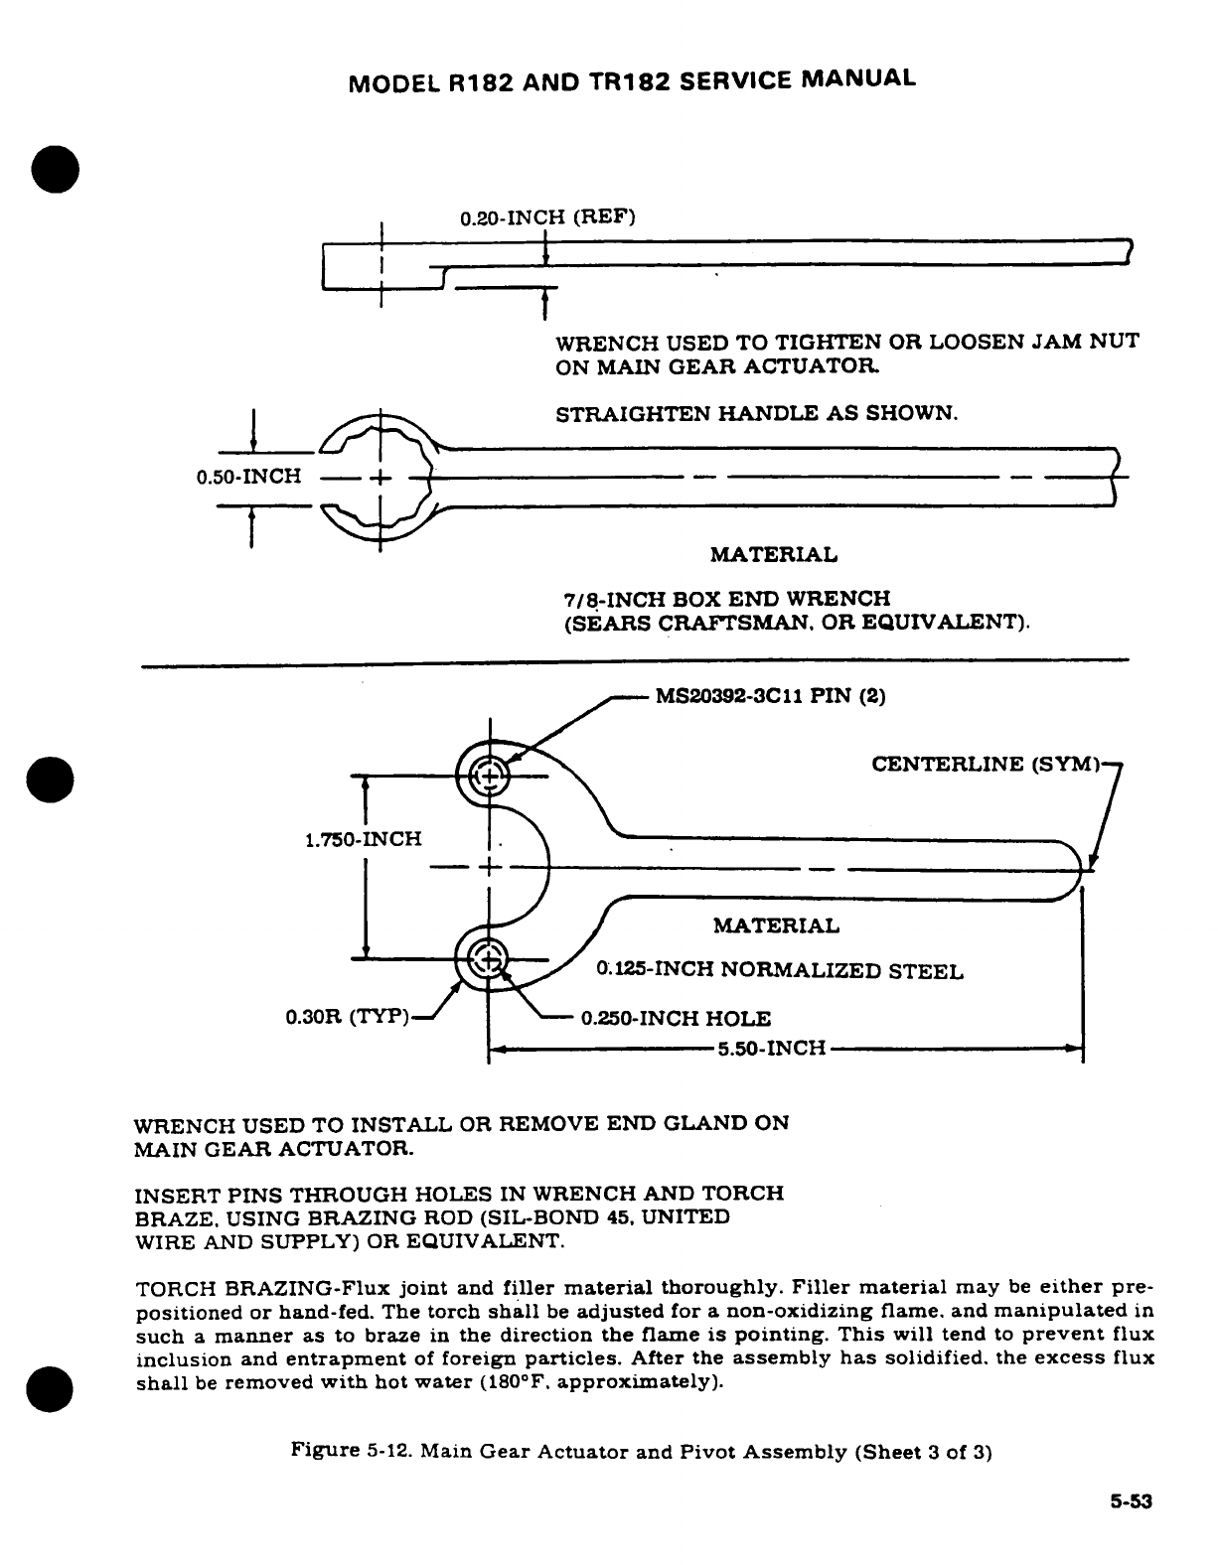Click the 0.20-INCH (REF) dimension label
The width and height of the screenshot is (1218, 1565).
[546, 216]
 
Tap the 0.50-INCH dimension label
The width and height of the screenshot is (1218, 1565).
[248, 476]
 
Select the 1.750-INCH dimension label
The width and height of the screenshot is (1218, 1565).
[363, 839]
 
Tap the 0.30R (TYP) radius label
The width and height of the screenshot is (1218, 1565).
[347, 1017]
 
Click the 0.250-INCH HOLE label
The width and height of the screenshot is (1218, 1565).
[676, 1018]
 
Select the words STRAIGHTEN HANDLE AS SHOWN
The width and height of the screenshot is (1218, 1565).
[755, 413]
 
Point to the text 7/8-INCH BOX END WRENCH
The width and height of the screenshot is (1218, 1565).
[727, 599]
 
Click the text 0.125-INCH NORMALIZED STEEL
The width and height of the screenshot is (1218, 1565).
[779, 970]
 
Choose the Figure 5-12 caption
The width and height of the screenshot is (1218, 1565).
[641, 1452]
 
